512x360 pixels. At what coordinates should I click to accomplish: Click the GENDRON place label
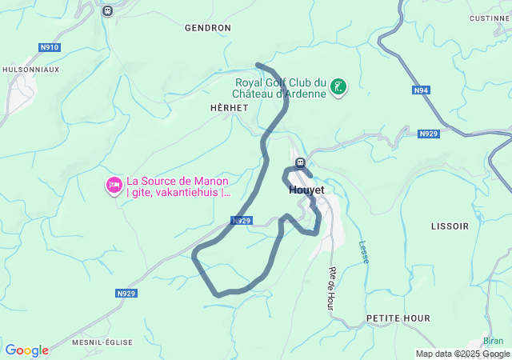(x=207, y=27)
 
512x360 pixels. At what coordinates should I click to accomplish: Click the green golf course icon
(x=338, y=86)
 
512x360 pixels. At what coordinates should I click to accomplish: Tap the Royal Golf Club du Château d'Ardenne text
(x=280, y=87)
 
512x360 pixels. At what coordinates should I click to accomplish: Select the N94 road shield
(x=422, y=90)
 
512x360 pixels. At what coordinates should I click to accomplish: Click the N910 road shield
(x=50, y=47)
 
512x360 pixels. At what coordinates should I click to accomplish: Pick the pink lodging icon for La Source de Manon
(x=114, y=186)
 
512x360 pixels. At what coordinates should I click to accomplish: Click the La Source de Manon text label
(x=178, y=186)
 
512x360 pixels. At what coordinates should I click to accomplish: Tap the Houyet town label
(x=306, y=190)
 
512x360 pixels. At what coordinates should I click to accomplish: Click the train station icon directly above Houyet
(x=300, y=164)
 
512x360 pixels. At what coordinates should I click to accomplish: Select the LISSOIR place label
(x=450, y=226)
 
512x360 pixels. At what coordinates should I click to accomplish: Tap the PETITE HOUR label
(x=398, y=318)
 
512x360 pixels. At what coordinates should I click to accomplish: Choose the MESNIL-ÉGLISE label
(x=102, y=342)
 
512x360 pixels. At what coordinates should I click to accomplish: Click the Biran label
(x=494, y=340)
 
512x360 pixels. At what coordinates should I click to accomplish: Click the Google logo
(x=26, y=350)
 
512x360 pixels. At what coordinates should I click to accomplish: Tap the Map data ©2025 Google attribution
(x=462, y=354)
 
